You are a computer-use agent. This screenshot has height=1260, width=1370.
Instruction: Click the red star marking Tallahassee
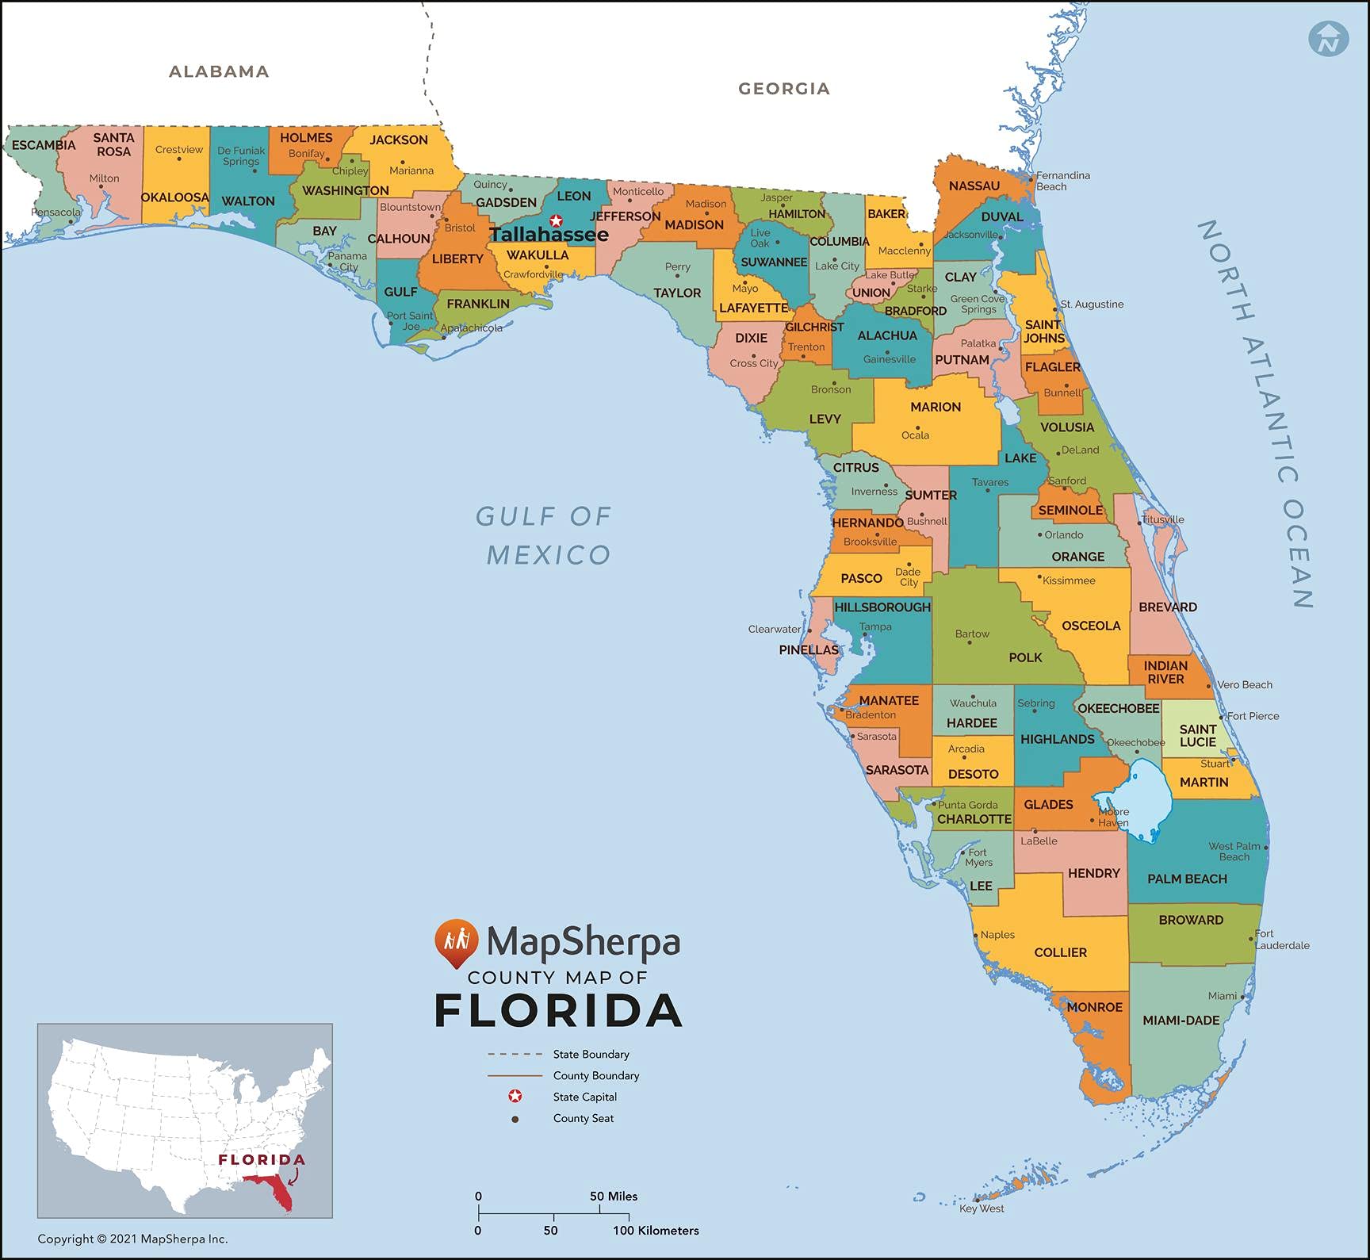[x=556, y=220]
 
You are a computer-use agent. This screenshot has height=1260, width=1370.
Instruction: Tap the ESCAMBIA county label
[x=44, y=145]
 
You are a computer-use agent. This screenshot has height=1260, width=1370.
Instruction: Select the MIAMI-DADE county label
[x=1181, y=1021]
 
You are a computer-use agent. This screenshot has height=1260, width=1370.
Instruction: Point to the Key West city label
[x=982, y=1208]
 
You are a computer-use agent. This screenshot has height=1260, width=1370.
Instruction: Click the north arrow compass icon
[x=1329, y=38]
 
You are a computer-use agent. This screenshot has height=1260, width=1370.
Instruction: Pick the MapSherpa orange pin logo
[x=456, y=943]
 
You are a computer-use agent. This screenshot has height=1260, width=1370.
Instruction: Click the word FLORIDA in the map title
[x=558, y=1011]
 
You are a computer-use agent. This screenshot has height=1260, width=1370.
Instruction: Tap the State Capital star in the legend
[x=515, y=1097]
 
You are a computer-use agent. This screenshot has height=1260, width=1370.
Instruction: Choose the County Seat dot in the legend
[x=515, y=1119]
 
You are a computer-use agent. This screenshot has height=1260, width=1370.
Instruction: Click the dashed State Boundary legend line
[x=514, y=1055]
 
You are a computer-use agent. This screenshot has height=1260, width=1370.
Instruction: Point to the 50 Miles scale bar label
[x=613, y=1196]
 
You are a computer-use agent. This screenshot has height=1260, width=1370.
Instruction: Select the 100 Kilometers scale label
[x=656, y=1231]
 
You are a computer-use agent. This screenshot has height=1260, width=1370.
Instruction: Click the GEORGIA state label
[x=784, y=89]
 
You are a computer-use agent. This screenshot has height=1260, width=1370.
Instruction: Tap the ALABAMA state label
[x=219, y=71]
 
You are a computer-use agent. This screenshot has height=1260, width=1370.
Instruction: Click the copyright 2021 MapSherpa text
[x=132, y=1239]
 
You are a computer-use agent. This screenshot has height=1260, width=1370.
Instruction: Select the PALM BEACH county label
[x=1187, y=879]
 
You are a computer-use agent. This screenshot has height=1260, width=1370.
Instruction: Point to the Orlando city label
[x=1063, y=535]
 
